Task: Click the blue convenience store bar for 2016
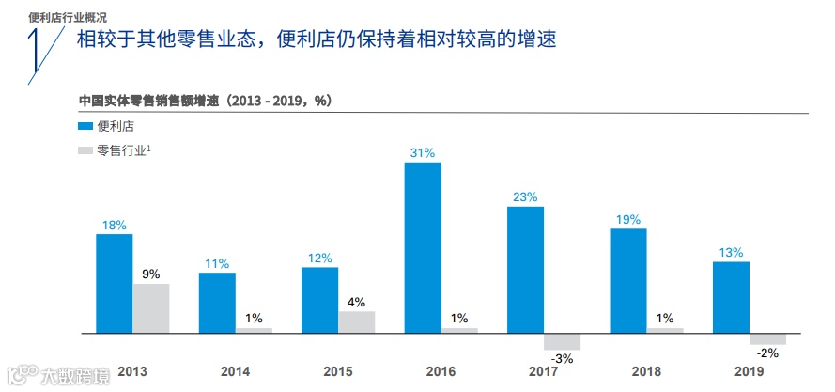(423, 247)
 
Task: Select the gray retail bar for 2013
(150, 308)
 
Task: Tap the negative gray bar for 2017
(562, 341)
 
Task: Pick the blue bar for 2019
(731, 297)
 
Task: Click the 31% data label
(423, 152)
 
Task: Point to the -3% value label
(561, 359)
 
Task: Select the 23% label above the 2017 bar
(525, 196)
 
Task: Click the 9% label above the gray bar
(150, 274)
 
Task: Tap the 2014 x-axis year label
(235, 372)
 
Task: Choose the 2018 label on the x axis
(646, 372)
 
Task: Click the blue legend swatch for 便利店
(85, 125)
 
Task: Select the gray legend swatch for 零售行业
(85, 150)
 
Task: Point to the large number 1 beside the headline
(36, 55)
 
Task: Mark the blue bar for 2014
(217, 303)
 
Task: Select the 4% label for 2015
(356, 302)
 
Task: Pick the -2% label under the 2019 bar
(767, 353)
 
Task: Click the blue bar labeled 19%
(628, 280)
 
